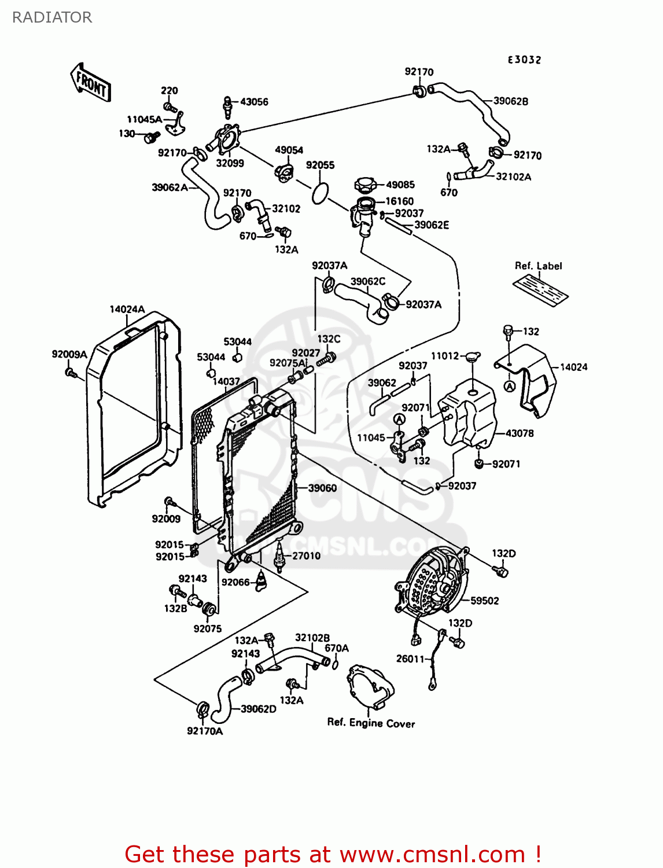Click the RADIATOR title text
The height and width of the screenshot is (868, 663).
tap(52, 17)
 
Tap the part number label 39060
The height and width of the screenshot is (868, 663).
tap(322, 488)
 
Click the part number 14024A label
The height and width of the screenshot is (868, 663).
tap(127, 309)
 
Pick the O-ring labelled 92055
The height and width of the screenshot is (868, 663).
tap(320, 194)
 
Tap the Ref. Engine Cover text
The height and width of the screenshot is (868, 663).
tap(371, 723)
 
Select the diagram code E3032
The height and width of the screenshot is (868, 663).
tap(524, 60)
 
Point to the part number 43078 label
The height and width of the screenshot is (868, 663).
tap(520, 433)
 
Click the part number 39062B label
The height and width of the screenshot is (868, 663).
tap(510, 101)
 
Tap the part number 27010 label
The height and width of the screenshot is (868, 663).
tap(306, 556)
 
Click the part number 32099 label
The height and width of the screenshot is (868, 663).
tap(230, 163)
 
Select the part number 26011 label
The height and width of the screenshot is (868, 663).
tap(410, 659)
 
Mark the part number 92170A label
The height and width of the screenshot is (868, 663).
tap(205, 731)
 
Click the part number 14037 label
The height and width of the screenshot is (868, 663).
tap(226, 381)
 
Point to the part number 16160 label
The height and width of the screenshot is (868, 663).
tap(399, 201)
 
